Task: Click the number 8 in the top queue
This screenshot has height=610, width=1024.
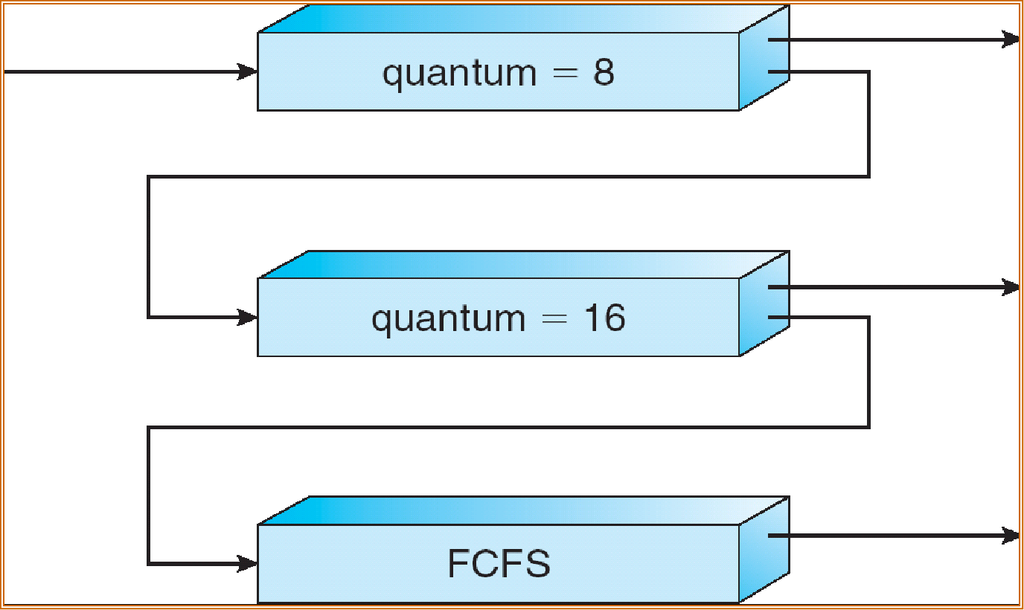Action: (x=604, y=71)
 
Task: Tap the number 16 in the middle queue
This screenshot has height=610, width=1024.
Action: (x=605, y=318)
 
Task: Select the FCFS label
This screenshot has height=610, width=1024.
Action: (x=499, y=563)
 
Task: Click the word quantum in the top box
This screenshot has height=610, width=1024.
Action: (x=459, y=74)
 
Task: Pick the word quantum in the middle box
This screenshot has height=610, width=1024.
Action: (x=449, y=319)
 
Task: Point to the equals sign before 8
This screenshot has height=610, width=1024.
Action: (x=566, y=73)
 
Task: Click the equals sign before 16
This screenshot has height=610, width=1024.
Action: (x=554, y=318)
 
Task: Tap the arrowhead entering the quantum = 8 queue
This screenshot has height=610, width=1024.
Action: (x=247, y=71)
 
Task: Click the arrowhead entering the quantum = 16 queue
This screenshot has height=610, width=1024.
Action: (x=247, y=317)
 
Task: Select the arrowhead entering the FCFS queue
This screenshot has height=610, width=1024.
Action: (x=247, y=563)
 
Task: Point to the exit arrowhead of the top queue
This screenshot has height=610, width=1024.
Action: (x=1011, y=39)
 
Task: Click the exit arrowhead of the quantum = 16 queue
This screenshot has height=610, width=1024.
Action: (x=1011, y=287)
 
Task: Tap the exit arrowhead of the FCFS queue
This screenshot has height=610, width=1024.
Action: (x=1011, y=536)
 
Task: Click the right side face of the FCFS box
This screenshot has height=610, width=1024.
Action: (x=764, y=550)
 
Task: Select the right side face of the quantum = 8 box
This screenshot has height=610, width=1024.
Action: (x=764, y=57)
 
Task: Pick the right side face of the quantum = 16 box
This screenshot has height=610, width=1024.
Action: (x=764, y=304)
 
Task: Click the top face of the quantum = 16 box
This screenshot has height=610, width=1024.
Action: (x=524, y=265)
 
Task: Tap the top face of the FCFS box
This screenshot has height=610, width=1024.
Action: (x=524, y=510)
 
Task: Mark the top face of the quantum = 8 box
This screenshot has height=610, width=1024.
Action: (x=524, y=19)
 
